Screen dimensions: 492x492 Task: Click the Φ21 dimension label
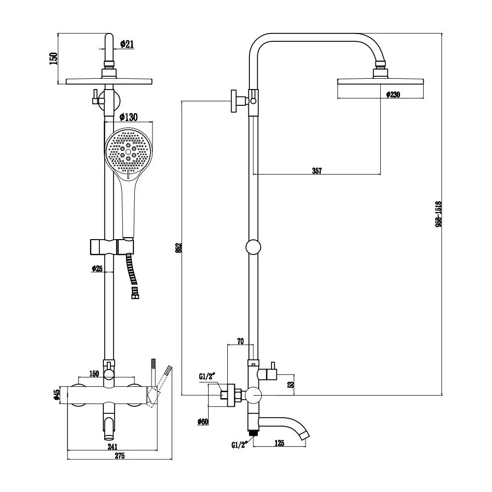coord(127,44)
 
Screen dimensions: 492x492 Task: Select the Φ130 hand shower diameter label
coord(128,117)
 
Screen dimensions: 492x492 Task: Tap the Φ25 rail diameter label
coord(97,269)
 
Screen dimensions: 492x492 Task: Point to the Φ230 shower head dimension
coord(393,94)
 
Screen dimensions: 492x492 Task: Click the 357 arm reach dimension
coord(317,171)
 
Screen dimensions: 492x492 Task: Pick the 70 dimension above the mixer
coord(240,341)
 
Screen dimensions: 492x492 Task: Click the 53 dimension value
coord(291,383)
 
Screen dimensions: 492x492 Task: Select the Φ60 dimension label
coord(203,422)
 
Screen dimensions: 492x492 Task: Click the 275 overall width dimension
coord(120,456)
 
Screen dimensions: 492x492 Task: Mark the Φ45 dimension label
coord(57,394)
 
